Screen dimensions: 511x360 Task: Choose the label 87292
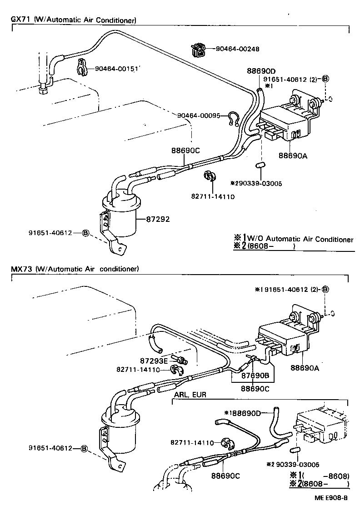click(158, 219)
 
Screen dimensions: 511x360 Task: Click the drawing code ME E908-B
click(330, 497)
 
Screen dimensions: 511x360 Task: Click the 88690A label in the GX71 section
click(293, 155)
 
